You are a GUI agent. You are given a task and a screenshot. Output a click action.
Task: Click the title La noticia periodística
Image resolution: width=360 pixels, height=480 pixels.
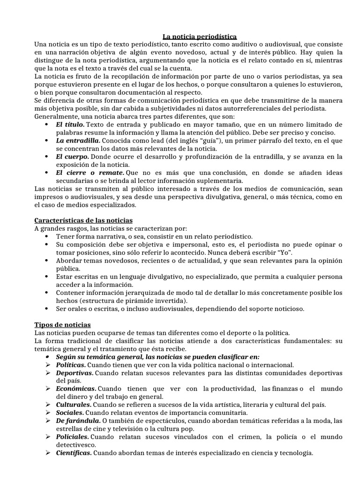coord(200,36)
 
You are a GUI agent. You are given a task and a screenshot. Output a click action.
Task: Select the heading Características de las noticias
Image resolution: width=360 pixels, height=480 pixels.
coord(83,220)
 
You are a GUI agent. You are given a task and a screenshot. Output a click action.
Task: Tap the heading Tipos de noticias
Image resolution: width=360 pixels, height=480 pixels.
coord(63,324)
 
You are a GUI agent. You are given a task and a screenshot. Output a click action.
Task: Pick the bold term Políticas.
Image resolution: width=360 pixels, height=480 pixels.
coord(71,364)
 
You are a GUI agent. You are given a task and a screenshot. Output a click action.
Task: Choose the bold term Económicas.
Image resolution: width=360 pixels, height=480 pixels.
coord(76,389)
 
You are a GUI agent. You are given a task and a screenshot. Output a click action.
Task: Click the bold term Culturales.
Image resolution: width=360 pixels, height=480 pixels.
coord(73,405)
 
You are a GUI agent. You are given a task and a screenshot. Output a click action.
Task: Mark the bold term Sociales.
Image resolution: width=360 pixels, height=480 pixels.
coord(70,412)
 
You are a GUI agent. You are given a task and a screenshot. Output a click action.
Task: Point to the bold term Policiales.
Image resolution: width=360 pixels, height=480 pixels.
coord(72,437)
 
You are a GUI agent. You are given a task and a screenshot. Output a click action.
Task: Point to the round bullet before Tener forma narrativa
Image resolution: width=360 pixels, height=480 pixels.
coord(48,236)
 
